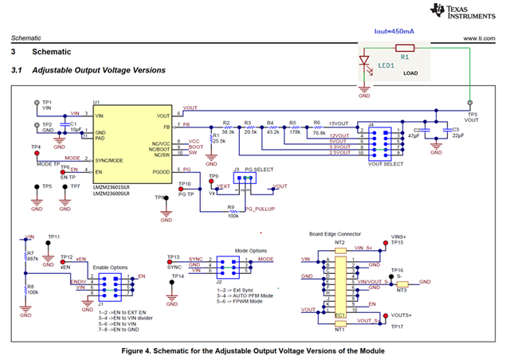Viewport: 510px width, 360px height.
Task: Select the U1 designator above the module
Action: [96, 103]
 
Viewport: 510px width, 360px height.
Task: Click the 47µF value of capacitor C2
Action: [414, 137]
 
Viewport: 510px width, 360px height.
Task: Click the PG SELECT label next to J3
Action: [260, 170]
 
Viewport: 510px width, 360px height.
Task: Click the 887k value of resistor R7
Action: [33, 259]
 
